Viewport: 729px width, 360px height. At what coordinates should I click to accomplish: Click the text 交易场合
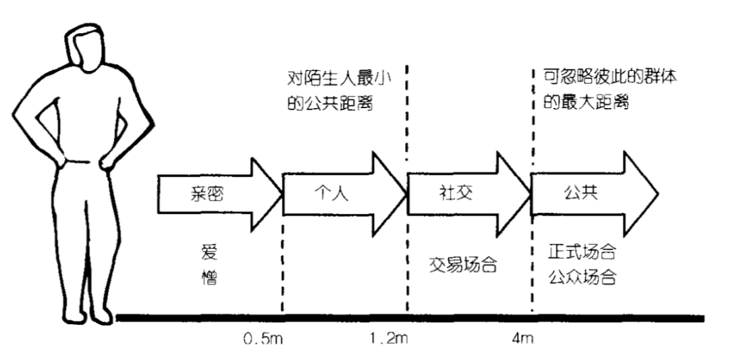click(463, 264)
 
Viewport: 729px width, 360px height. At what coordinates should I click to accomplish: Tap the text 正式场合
click(583, 254)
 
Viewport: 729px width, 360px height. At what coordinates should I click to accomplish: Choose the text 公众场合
click(583, 277)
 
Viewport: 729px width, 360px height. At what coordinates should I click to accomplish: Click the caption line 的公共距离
click(329, 105)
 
